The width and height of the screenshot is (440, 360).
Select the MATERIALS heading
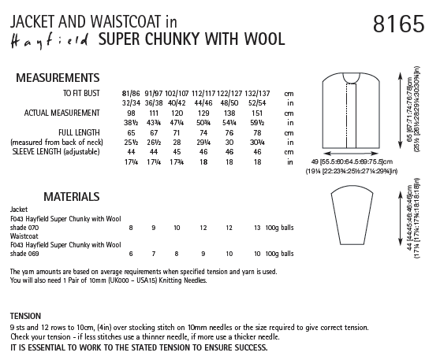coord(44,195)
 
